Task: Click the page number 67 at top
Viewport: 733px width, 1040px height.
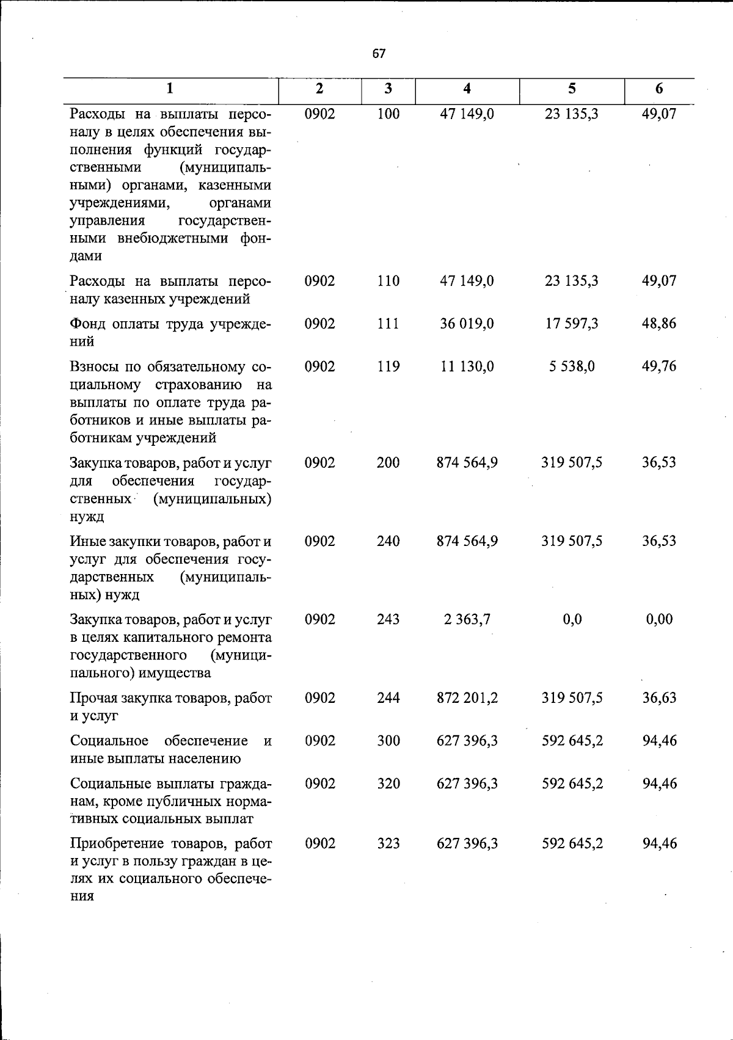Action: pos(379,54)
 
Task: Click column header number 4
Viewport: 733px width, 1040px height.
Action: pos(467,89)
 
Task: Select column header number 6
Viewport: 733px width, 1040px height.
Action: pos(659,89)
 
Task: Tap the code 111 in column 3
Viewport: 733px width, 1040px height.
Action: pos(388,324)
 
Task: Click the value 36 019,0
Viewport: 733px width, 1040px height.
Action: pos(467,324)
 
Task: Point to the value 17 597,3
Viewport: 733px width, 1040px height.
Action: pos(572,324)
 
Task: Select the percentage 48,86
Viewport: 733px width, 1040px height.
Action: pos(659,324)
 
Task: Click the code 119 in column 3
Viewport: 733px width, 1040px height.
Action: pos(388,366)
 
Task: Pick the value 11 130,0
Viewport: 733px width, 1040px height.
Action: pos(467,366)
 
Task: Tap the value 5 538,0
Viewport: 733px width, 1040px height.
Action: pos(572,366)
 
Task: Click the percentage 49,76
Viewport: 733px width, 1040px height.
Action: pos(659,366)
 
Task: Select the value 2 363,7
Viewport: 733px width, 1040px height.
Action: pos(467,619)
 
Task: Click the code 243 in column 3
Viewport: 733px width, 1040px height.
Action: pos(388,619)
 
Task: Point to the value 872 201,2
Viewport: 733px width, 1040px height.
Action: pos(467,697)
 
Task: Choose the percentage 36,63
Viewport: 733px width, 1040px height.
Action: pos(659,697)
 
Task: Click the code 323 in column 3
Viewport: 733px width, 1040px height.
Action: pos(388,843)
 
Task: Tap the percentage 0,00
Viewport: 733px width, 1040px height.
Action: pos(659,619)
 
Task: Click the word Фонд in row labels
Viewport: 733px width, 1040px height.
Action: pos(87,324)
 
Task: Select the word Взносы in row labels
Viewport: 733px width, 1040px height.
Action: pos(93,366)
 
